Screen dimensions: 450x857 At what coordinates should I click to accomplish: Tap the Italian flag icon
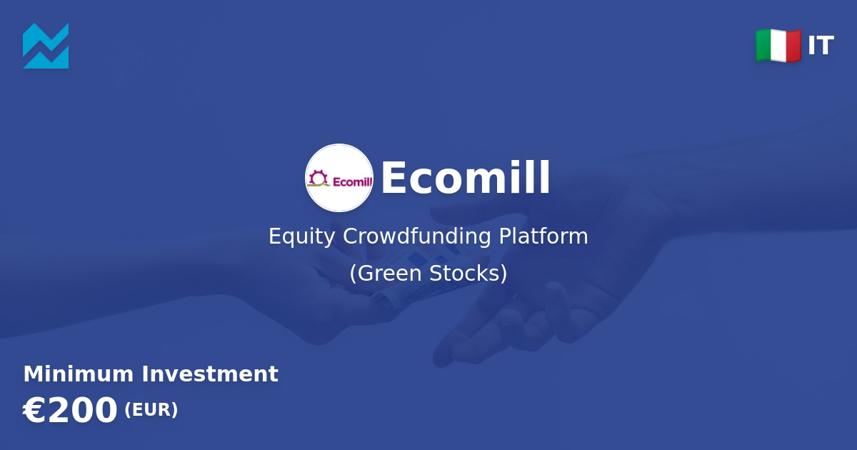point(778,46)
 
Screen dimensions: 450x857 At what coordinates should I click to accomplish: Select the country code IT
point(821,46)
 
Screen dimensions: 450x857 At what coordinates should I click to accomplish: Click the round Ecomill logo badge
point(339,178)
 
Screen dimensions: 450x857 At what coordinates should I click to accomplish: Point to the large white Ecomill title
point(466,178)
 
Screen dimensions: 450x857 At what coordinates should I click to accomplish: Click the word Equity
point(301,236)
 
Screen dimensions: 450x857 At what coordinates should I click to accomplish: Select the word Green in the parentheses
point(389,273)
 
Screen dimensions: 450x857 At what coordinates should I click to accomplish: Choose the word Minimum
point(79,374)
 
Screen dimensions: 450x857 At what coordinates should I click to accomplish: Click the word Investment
point(210,374)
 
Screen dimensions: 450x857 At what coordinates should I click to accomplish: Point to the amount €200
point(70,410)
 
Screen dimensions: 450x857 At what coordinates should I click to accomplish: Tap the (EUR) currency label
point(151,410)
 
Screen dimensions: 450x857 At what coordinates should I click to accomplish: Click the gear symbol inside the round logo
point(318,177)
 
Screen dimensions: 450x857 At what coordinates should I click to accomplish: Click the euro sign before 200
point(33,410)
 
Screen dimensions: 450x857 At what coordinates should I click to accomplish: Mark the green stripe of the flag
point(763,46)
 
